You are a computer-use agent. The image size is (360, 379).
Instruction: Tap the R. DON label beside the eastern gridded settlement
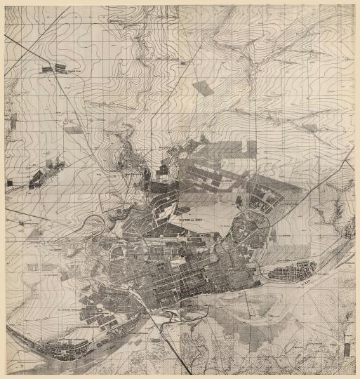coord(309,284)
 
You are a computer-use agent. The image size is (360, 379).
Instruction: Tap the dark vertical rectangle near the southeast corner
coord(349,349)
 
